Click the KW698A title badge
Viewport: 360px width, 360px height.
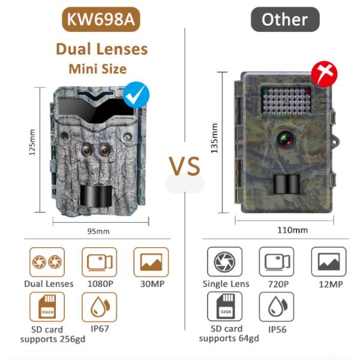coord(101,20)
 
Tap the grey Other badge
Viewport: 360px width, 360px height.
coord(284,20)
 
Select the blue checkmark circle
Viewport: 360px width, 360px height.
coord(136,95)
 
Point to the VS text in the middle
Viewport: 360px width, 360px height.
coord(184,166)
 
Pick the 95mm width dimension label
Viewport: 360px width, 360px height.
coord(98,231)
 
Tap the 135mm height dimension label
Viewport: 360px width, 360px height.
coord(214,138)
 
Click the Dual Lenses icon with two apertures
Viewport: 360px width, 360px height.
coord(47,262)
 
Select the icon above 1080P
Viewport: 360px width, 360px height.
coord(99,262)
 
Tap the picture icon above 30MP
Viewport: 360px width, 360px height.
coord(151,262)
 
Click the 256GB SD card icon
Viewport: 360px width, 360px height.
coord(47,307)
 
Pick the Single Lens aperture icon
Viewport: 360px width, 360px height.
coord(224,262)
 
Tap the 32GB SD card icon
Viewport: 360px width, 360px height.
coord(224,307)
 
